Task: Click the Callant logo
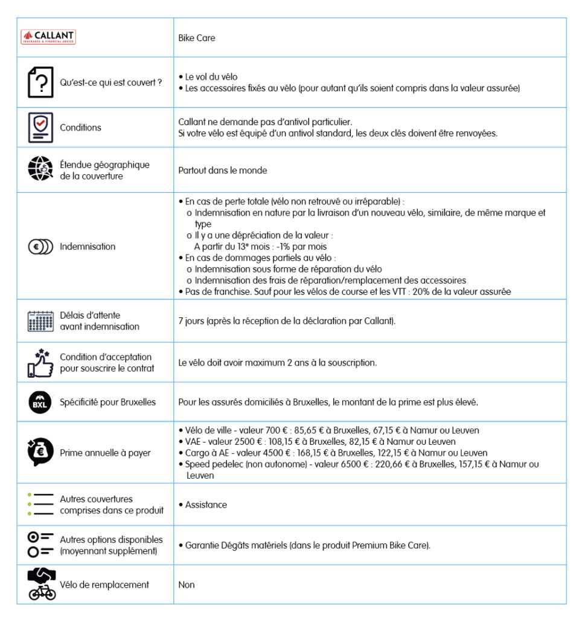48,37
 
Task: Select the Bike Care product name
196,38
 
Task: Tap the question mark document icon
40,82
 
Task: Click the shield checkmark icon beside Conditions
40,128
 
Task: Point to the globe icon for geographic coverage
40,170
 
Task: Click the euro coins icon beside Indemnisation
40,247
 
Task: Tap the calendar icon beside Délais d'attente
40,321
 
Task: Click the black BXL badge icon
40,403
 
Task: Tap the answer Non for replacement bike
187,585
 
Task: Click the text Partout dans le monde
222,170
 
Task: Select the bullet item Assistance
206,505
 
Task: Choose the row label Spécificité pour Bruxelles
107,403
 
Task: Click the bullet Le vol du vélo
211,77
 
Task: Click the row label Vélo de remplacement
104,585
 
